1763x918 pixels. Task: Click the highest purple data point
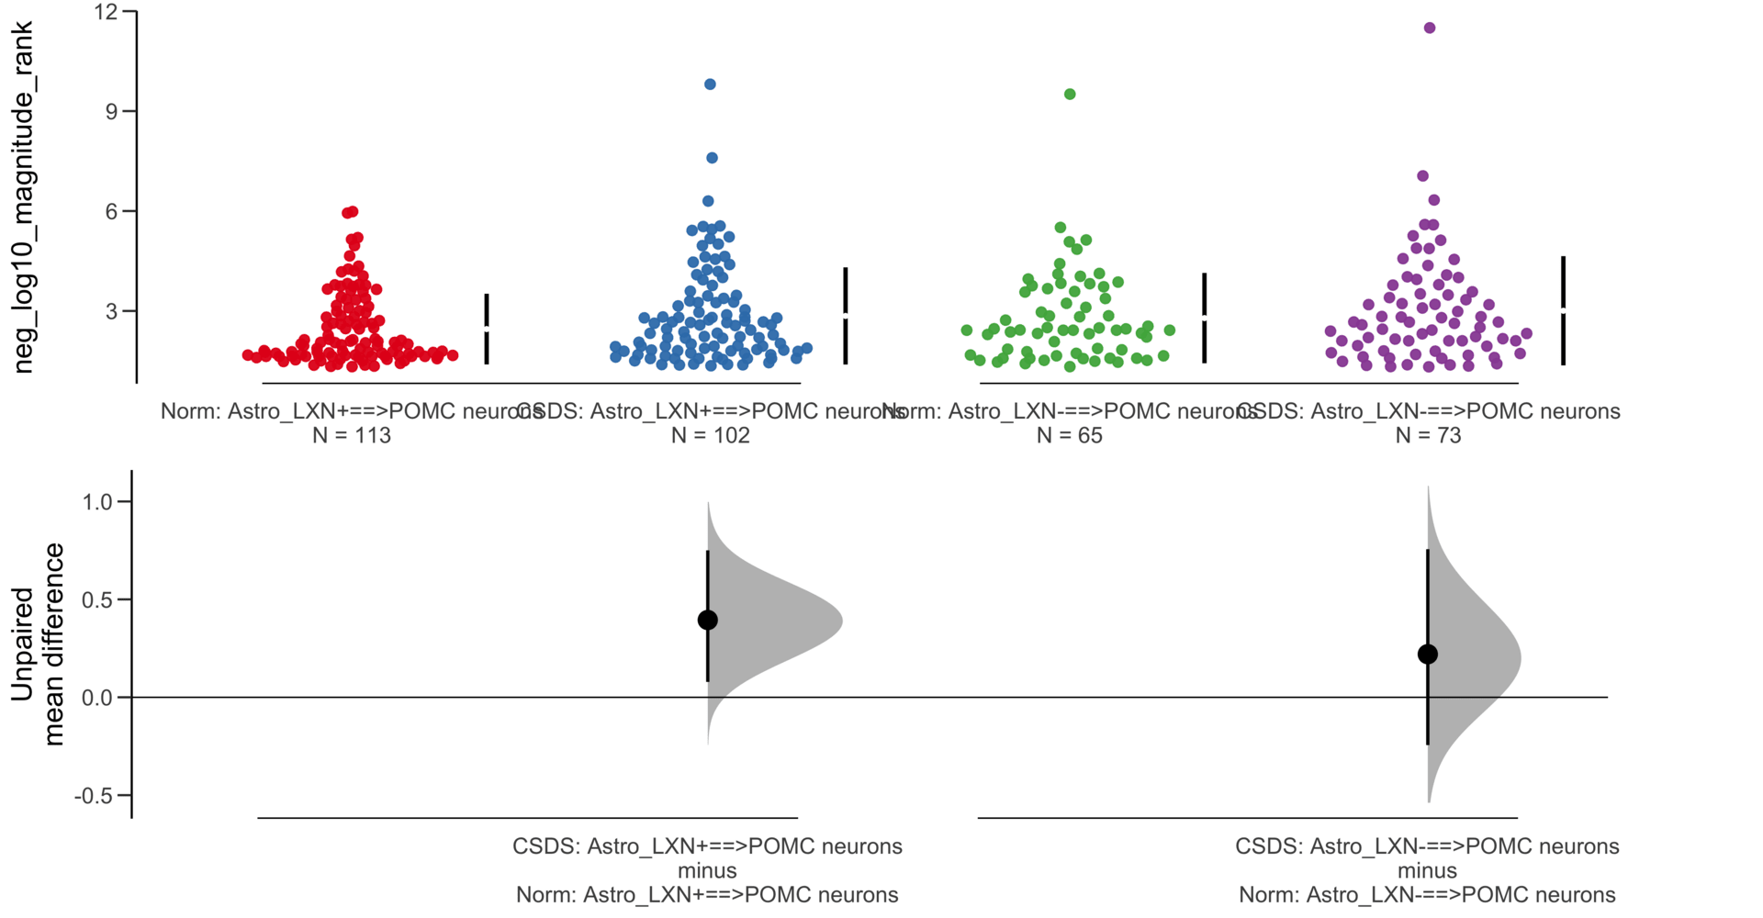(1430, 28)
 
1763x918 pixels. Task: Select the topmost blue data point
(710, 84)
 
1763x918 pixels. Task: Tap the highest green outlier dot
(1070, 95)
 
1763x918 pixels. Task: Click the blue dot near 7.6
(712, 158)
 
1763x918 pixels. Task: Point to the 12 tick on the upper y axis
(129, 12)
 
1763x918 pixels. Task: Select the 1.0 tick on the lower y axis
(124, 502)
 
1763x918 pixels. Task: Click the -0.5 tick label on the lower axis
(92, 796)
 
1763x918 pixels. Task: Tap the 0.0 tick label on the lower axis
(96, 698)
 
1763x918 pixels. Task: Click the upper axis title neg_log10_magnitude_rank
(23, 197)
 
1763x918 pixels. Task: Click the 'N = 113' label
(352, 435)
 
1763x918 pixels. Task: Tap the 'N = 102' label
(710, 435)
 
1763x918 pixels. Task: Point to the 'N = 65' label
(1069, 435)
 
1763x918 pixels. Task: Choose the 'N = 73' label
(1428, 435)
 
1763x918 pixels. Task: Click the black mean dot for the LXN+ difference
(707, 621)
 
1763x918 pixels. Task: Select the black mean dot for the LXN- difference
(1427, 655)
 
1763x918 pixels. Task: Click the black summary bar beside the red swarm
(487, 329)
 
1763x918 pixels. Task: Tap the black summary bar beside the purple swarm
(1563, 310)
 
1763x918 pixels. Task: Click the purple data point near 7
(1422, 176)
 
